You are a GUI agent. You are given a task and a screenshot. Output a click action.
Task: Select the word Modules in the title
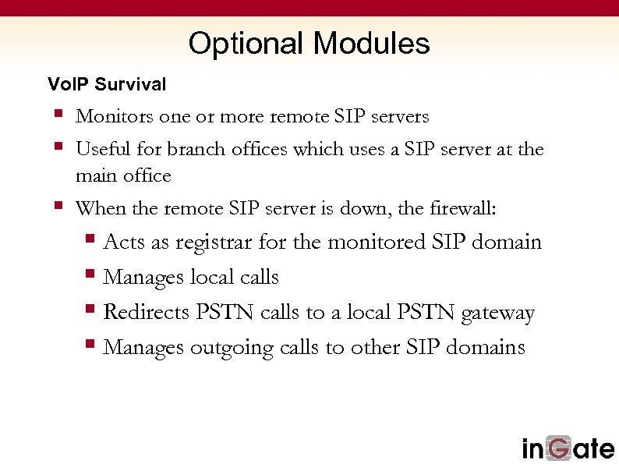tap(371, 44)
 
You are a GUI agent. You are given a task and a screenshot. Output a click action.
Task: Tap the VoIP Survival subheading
tap(107, 84)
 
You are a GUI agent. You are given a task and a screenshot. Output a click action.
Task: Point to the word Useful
tap(98, 149)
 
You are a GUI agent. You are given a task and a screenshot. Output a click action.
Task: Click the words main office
tap(123, 176)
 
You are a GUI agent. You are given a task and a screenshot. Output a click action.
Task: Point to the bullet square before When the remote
tap(58, 207)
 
